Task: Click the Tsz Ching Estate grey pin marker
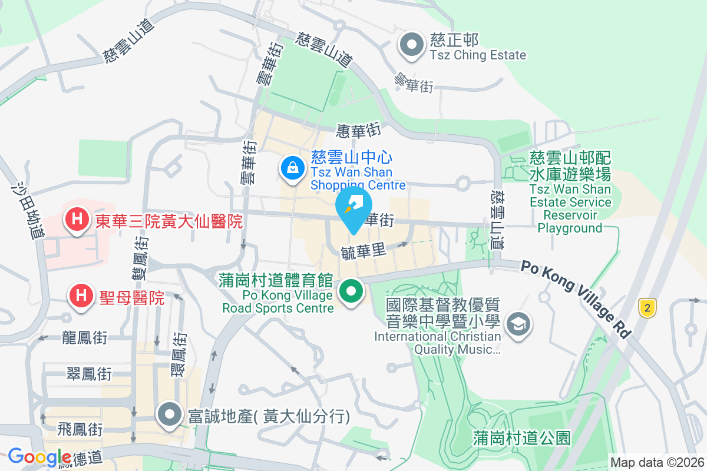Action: point(412,45)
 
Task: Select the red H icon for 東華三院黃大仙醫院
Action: point(77,220)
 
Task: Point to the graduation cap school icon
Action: point(520,323)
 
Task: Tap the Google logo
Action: point(39,457)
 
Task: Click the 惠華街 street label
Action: point(358,129)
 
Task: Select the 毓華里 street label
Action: point(363,251)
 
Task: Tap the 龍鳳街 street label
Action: point(84,338)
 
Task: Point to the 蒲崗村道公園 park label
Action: point(522,438)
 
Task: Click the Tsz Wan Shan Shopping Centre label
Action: point(358,178)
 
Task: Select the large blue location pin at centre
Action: point(353,208)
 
